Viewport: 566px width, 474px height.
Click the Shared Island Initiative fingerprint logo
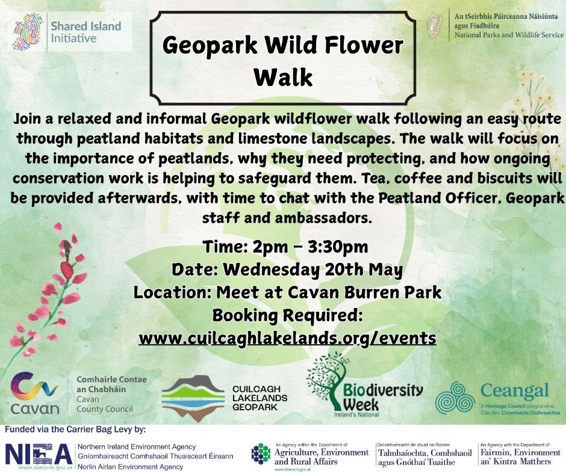tap(28, 31)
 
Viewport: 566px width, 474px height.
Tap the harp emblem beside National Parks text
tap(435, 26)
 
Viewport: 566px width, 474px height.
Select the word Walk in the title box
tap(282, 76)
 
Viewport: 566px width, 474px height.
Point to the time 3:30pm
tap(338, 247)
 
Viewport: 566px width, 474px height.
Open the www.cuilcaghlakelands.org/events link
tap(288, 339)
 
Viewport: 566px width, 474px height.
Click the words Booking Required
tap(287, 316)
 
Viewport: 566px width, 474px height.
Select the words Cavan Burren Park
tap(364, 292)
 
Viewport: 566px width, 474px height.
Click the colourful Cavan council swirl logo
tap(34, 386)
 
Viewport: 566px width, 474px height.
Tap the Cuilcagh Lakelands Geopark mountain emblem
tap(193, 398)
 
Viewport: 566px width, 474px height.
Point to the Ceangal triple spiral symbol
tap(455, 398)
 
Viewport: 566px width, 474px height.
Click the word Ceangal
tap(515, 391)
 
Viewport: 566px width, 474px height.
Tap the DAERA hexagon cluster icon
tap(261, 454)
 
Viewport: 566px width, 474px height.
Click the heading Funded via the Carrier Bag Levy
tap(75, 430)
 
